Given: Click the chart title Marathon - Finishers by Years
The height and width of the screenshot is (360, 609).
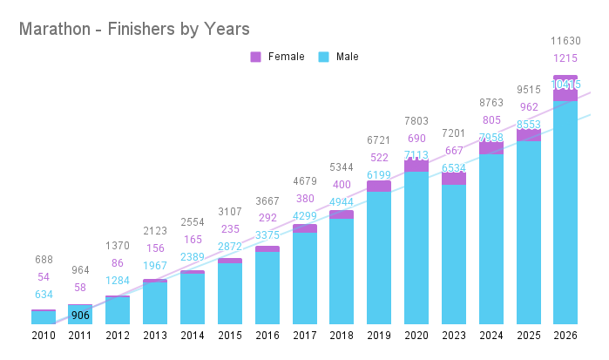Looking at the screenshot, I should [x=134, y=29].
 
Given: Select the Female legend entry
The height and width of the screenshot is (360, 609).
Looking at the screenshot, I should [x=278, y=57].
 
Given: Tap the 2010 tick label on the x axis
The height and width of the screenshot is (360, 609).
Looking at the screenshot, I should [x=44, y=336].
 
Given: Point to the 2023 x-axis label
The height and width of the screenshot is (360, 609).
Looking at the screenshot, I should [x=453, y=336].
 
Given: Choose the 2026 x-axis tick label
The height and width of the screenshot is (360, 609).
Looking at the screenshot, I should [x=565, y=336].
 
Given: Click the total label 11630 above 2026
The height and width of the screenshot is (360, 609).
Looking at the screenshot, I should [x=565, y=41].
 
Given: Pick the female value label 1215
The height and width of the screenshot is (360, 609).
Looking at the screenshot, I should [x=565, y=58].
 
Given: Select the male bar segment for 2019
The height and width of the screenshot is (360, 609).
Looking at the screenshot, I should [x=379, y=257].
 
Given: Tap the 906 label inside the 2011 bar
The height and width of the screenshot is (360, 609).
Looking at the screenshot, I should [x=80, y=316].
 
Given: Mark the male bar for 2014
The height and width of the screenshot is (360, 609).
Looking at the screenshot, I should [x=193, y=298].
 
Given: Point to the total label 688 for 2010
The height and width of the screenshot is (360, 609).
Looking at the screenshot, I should [x=44, y=260].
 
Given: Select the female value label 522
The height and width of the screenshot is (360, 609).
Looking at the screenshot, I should [x=379, y=157].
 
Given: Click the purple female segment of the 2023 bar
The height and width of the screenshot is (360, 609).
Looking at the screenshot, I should [x=453, y=179].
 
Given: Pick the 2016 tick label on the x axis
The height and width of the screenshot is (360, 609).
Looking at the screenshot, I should [x=267, y=336].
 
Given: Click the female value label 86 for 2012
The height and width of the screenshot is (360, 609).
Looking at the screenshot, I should [x=118, y=262].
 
